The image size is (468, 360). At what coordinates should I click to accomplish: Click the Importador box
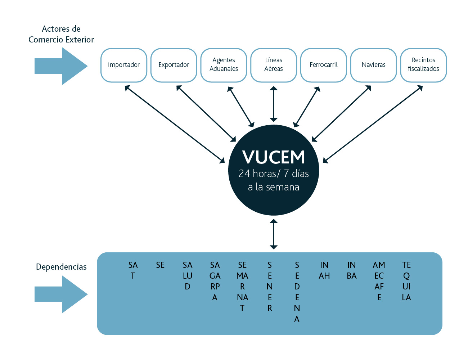[124, 65]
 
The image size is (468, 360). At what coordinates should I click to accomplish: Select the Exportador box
[174, 65]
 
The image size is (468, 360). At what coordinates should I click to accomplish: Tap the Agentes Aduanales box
[224, 65]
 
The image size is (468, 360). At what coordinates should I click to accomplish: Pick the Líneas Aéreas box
[274, 65]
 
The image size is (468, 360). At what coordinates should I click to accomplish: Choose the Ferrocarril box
[324, 65]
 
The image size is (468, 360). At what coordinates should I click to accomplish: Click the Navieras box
[373, 65]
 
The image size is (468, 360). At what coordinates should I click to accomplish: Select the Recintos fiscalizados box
[423, 65]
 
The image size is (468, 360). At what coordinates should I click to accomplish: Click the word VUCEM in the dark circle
[274, 157]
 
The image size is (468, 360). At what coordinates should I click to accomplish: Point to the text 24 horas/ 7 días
[274, 174]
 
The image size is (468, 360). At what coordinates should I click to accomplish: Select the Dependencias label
[61, 267]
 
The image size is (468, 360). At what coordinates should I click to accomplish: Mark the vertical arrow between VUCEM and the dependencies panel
[274, 234]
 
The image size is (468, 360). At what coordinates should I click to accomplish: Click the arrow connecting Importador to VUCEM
[175, 124]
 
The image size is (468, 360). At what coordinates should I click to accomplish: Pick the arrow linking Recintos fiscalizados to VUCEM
[373, 124]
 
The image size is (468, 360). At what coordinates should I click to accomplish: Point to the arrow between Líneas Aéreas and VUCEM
[274, 104]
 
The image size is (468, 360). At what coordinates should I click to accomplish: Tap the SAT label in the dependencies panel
[133, 270]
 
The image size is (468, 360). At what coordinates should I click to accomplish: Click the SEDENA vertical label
[297, 292]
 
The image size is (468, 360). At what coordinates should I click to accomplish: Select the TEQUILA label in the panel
[406, 281]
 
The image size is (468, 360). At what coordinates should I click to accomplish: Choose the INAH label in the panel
[324, 270]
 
